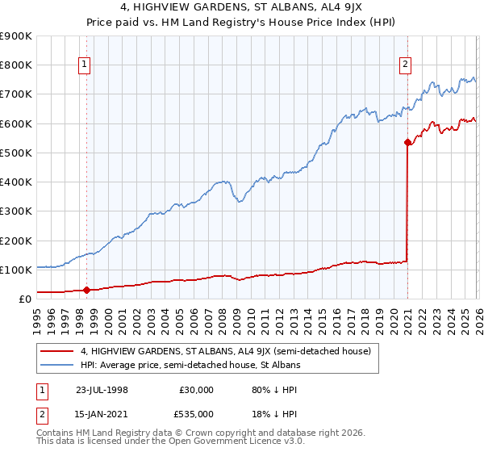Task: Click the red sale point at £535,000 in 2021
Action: tap(407, 143)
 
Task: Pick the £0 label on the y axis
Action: tap(23, 299)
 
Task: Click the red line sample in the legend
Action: tap(56, 351)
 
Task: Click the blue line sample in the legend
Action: tap(56, 365)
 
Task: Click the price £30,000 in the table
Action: tap(198, 389)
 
